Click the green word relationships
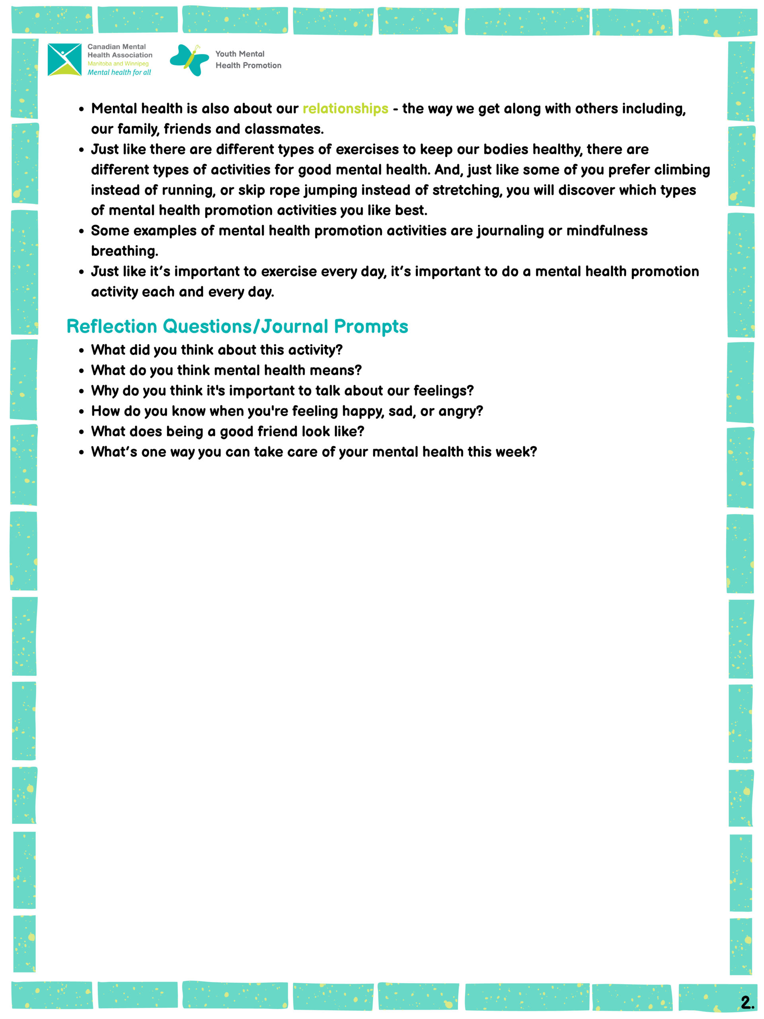pyautogui.click(x=345, y=109)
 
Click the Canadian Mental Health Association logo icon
pyautogui.click(x=64, y=59)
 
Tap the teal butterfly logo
pyautogui.click(x=189, y=60)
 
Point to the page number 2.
pyautogui.click(x=746, y=1002)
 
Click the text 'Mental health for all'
pyautogui.click(x=119, y=72)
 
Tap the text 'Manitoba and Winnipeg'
pyautogui.click(x=118, y=64)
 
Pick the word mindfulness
pyautogui.click(x=606, y=230)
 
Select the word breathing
pyautogui.click(x=124, y=251)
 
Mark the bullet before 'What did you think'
pyautogui.click(x=82, y=351)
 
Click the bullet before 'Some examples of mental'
pyautogui.click(x=82, y=231)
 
